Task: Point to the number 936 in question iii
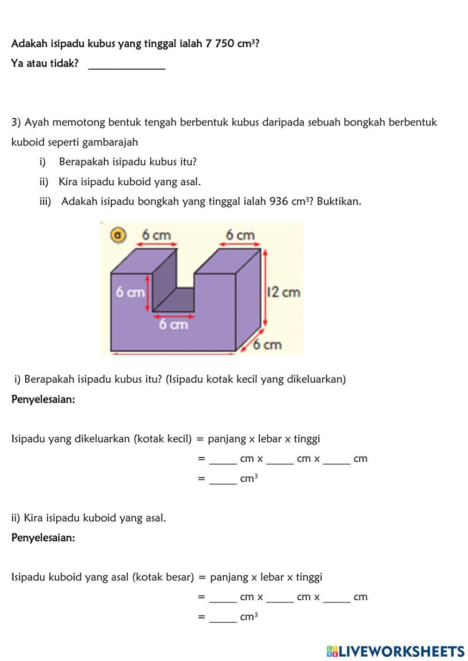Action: click(279, 202)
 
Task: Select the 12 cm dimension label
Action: click(283, 292)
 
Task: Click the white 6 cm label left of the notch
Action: click(130, 292)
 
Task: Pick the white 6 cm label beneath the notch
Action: click(173, 324)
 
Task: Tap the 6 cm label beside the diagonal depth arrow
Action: click(268, 345)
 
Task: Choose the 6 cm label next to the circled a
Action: click(156, 235)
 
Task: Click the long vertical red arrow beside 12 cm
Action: click(265, 288)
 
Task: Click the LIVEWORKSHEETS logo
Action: click(395, 651)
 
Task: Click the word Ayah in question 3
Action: click(37, 123)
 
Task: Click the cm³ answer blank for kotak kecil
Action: click(223, 479)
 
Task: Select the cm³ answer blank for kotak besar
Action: click(223, 617)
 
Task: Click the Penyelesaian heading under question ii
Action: click(43, 538)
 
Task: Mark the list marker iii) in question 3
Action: click(45, 202)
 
